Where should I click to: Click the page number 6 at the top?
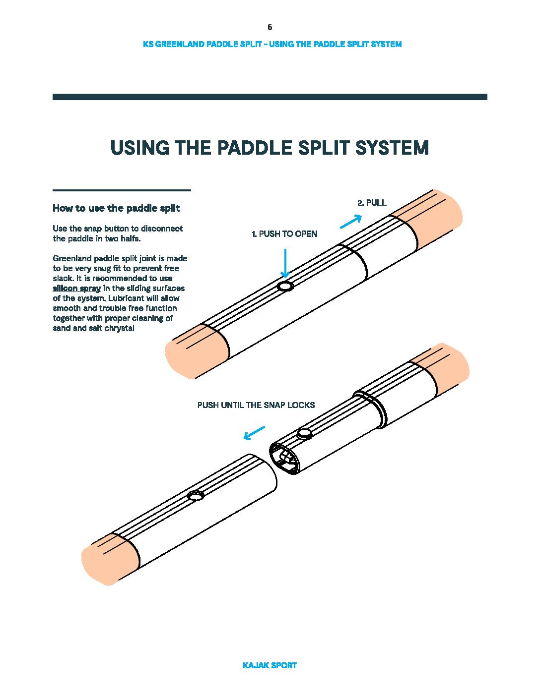[x=270, y=27]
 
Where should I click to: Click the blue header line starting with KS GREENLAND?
[x=272, y=44]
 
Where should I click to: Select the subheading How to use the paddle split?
[x=116, y=208]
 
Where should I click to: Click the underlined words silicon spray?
[x=77, y=289]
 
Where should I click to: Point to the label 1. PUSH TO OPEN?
[x=284, y=234]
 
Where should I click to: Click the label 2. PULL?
[x=372, y=203]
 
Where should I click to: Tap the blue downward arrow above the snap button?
[x=285, y=263]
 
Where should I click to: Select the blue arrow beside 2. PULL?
[x=351, y=221]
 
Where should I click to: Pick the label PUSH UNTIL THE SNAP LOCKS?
[x=256, y=405]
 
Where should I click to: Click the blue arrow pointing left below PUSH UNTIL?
[x=254, y=433]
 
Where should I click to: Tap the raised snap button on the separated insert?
[x=304, y=434]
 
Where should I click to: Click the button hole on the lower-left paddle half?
[x=196, y=495]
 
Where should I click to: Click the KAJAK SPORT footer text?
[x=270, y=665]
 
